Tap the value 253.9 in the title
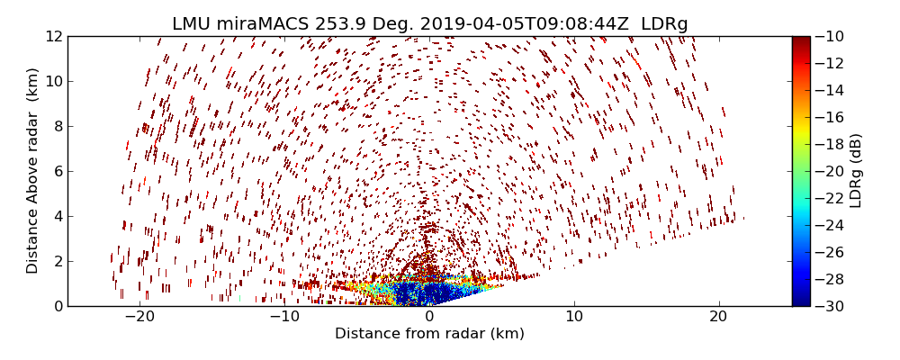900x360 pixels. (328, 24)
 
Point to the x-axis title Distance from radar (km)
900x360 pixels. (429, 334)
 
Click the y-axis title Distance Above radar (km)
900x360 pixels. (33, 171)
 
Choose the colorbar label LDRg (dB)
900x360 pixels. (856, 171)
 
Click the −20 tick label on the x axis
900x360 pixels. (139, 318)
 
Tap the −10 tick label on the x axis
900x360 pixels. (284, 318)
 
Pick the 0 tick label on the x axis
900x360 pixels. (429, 318)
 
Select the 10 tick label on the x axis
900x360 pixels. (574, 318)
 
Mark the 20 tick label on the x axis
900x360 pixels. (718, 318)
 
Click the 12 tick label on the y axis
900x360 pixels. (54, 36)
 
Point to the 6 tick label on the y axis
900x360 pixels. (58, 171)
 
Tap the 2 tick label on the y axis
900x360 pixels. (58, 261)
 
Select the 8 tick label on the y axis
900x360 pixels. (58, 126)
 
